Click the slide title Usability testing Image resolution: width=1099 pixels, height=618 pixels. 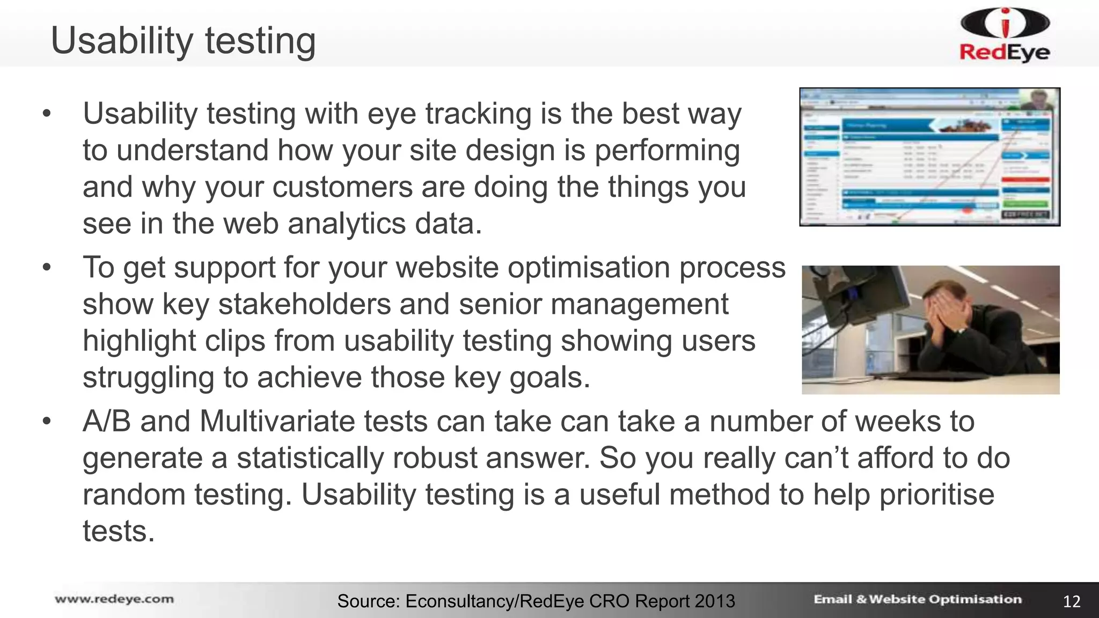tap(183, 41)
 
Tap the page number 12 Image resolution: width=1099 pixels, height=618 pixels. tap(1071, 601)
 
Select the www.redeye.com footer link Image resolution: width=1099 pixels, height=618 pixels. tap(114, 599)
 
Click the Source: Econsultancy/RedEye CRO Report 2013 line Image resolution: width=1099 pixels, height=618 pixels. tap(536, 601)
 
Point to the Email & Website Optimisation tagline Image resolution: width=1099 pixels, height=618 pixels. tap(917, 599)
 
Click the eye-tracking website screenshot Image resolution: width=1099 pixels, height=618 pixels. tap(929, 157)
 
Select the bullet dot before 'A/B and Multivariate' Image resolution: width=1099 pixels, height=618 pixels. tap(47, 422)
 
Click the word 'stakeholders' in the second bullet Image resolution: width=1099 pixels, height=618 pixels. tap(304, 304)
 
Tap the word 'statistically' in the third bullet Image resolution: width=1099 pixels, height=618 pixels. tap(310, 458)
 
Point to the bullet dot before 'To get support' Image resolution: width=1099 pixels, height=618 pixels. tap(47, 267)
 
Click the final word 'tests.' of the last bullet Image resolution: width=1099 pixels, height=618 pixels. tap(119, 531)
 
